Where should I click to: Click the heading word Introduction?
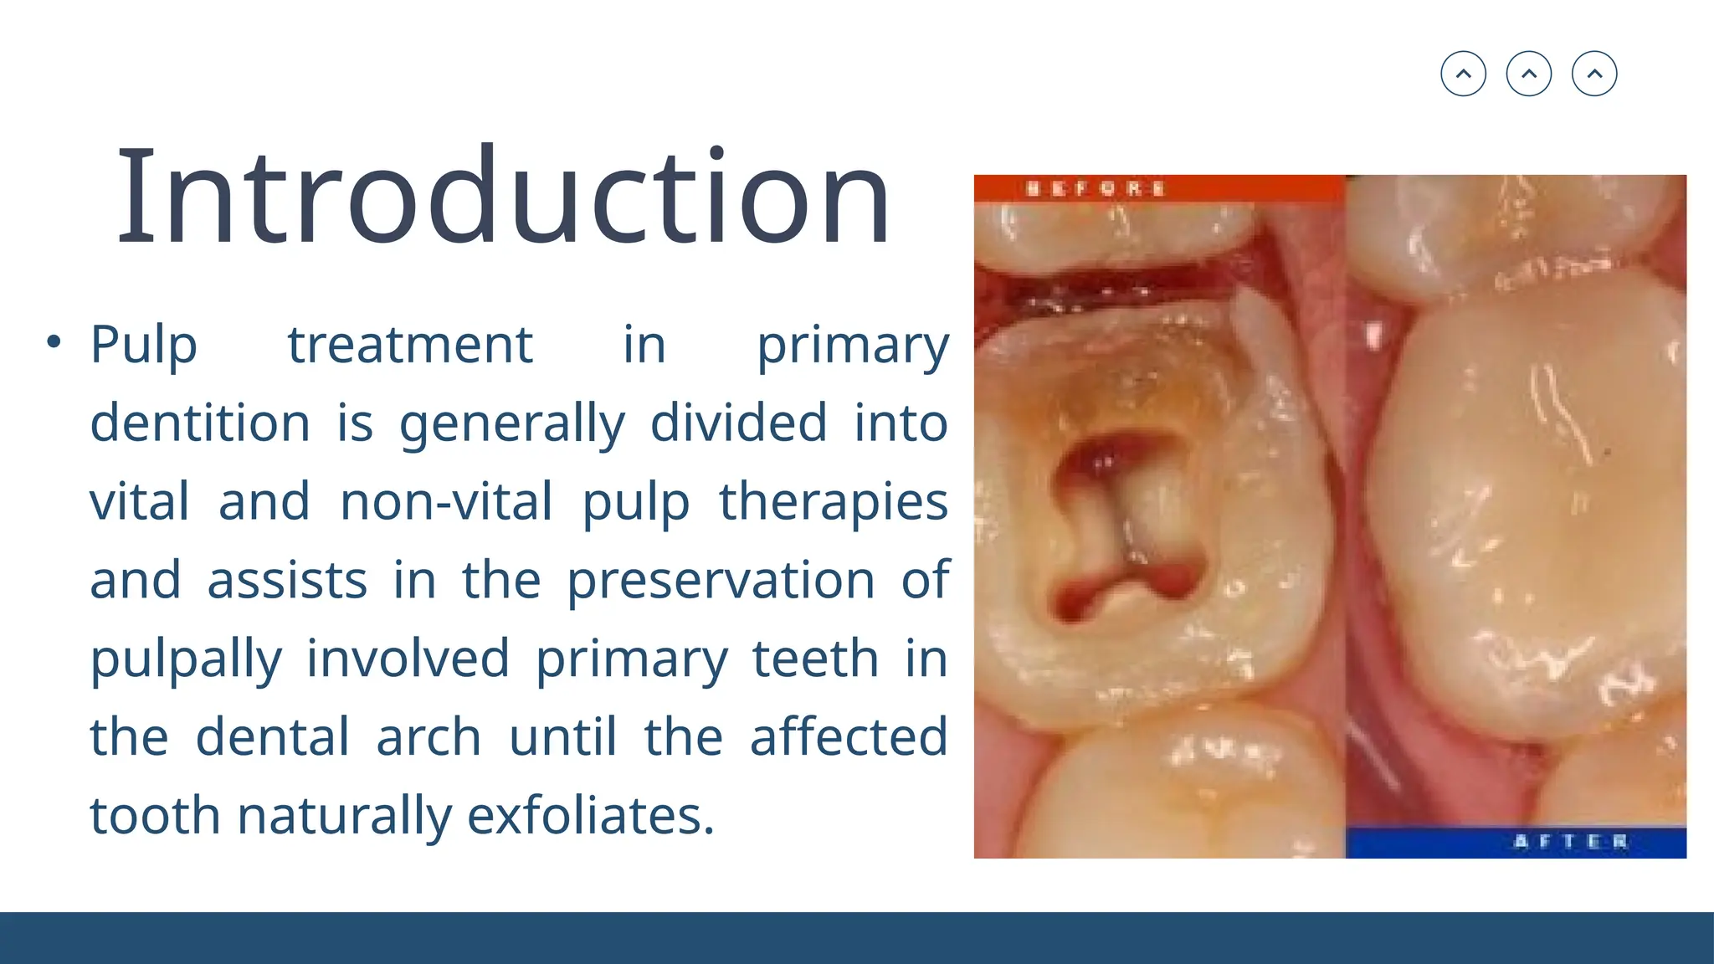click(504, 197)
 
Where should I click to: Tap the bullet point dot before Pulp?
click(54, 341)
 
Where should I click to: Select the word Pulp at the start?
click(143, 345)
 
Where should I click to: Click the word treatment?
click(410, 345)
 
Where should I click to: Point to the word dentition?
click(200, 423)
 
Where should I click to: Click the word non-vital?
click(446, 501)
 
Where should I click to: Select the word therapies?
click(833, 503)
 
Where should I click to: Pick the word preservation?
click(721, 580)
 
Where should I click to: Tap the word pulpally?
click(186, 659)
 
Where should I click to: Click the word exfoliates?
click(590, 815)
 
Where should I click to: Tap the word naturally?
click(345, 816)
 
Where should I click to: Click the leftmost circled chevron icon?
click(1463, 74)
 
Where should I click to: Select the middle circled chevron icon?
click(1528, 74)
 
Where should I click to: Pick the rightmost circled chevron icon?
click(1594, 74)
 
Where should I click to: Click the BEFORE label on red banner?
click(1096, 188)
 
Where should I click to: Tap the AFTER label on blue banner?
click(1571, 841)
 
